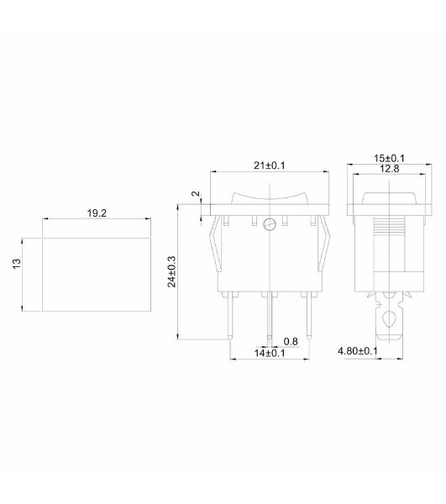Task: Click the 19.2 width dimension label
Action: click(97, 213)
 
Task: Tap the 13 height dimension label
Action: click(17, 264)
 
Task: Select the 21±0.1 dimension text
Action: click(270, 165)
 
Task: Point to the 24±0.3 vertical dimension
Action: click(172, 271)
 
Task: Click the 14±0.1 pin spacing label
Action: click(270, 353)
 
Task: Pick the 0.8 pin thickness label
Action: click(291, 341)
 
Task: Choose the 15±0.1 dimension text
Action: click(389, 158)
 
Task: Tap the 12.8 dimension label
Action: click(390, 169)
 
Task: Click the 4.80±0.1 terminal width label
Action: click(358, 350)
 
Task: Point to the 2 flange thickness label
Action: click(196, 194)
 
